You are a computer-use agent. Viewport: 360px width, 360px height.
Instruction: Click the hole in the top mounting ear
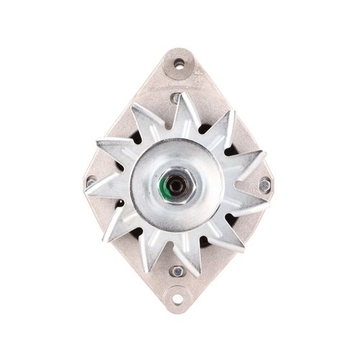pos(179,65)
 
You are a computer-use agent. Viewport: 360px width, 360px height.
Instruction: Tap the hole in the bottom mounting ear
pos(179,295)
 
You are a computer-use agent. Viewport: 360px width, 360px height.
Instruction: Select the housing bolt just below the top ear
pos(176,97)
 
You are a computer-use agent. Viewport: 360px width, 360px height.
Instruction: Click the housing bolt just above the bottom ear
pos(177,271)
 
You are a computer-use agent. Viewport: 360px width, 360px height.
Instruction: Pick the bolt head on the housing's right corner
pos(265,184)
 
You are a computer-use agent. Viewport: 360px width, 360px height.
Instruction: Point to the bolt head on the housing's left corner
pos(91,181)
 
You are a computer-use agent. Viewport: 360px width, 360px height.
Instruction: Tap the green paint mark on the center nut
pos(171,191)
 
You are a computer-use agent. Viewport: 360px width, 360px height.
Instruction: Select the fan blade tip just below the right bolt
pos(256,210)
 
